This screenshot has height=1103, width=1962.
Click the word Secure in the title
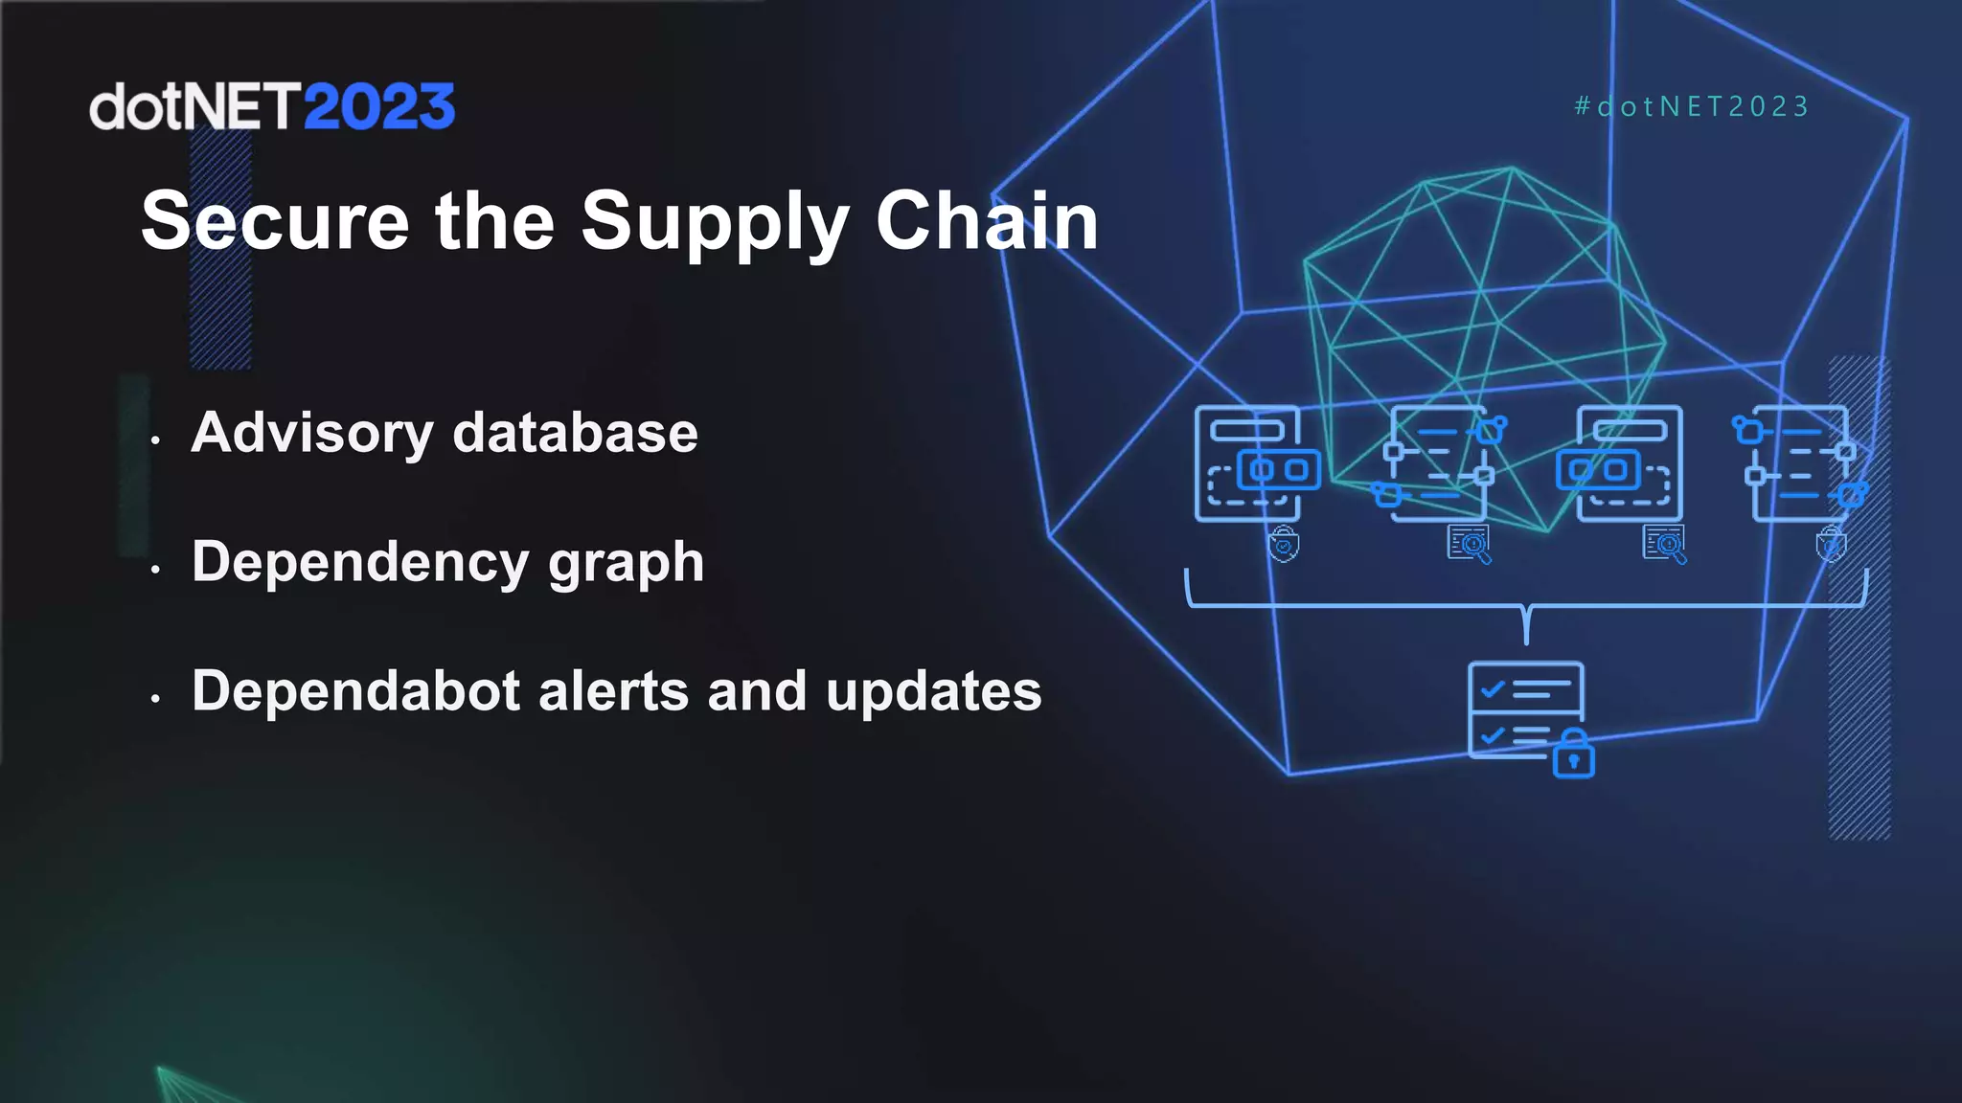pos(275,221)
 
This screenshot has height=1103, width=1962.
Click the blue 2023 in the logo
pos(379,107)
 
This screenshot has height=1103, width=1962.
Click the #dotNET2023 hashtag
pos(1692,106)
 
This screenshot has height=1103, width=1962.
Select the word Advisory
pos(312,433)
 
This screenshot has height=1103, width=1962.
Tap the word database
pos(575,433)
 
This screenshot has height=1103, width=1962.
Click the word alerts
pos(614,691)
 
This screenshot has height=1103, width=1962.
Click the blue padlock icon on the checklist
pos(1573,755)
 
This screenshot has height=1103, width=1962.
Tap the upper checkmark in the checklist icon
pos(1492,688)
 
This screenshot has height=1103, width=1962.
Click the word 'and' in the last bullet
pos(757,691)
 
